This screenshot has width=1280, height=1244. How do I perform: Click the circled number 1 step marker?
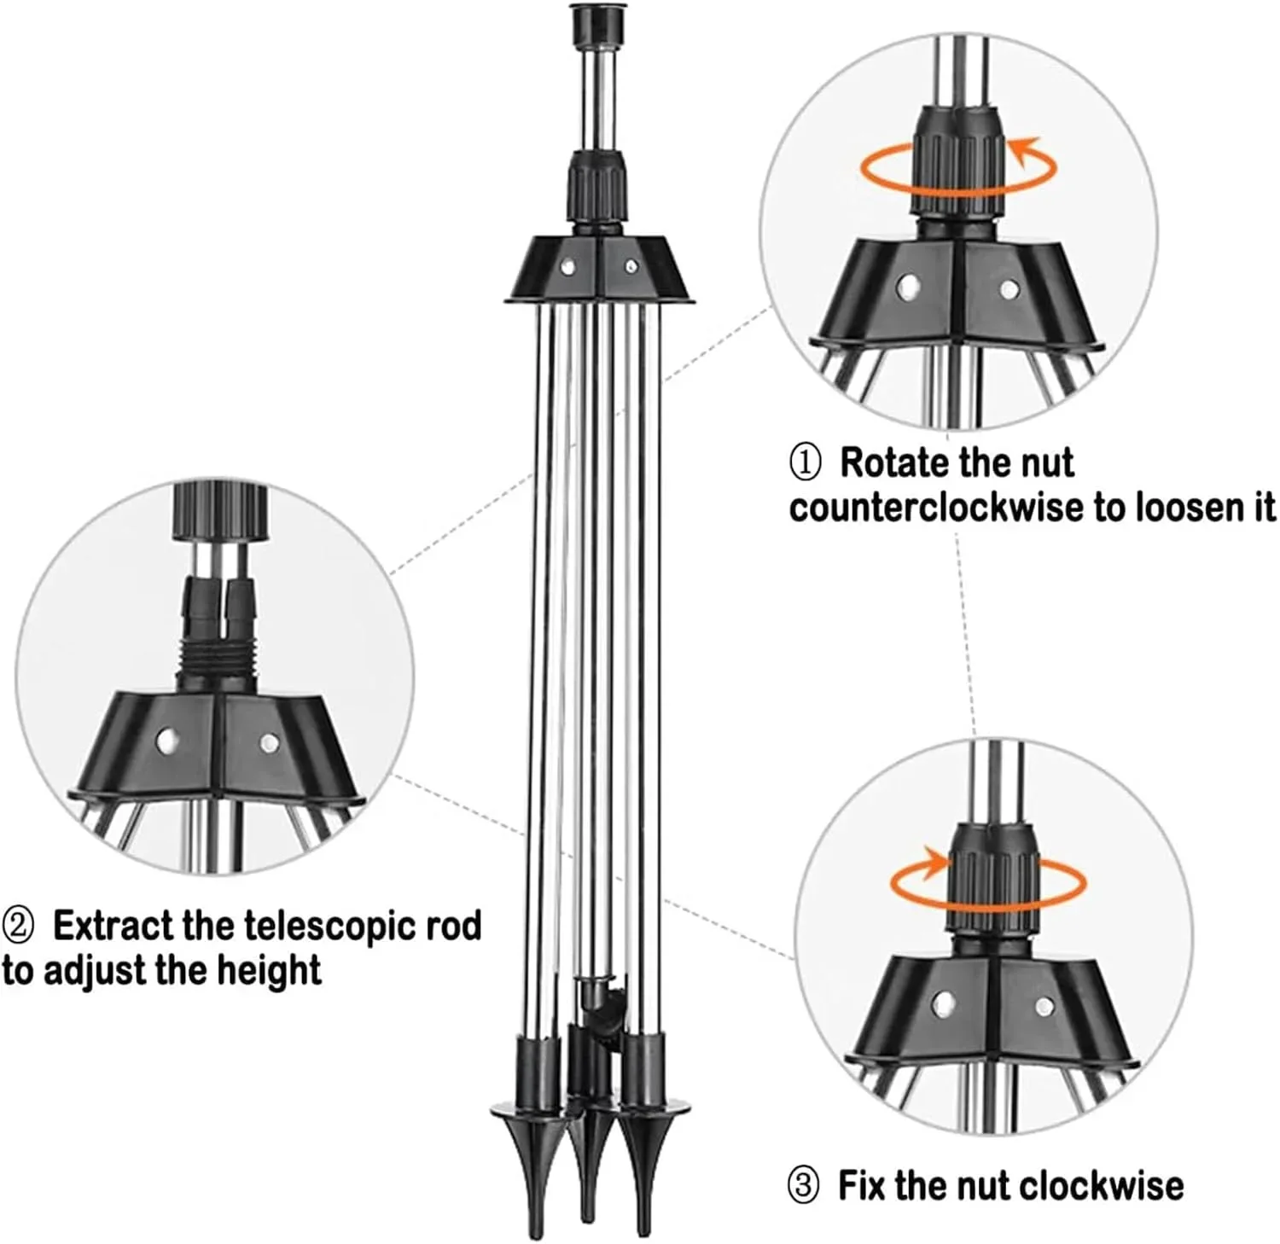click(x=805, y=462)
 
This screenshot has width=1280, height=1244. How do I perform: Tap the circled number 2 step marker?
click(x=19, y=926)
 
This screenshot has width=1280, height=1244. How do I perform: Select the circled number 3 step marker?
click(x=802, y=1186)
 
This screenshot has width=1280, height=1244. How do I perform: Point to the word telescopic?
click(x=329, y=926)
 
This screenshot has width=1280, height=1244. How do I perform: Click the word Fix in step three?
click(x=863, y=1186)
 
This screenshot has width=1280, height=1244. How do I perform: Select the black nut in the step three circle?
click(x=992, y=879)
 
